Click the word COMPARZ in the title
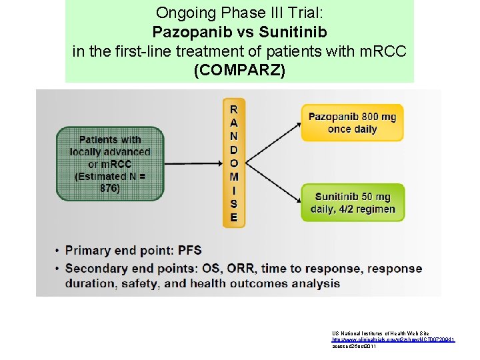(x=239, y=70)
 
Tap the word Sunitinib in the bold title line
(x=293, y=31)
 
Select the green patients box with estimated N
(x=110, y=164)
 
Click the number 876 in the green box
(x=110, y=188)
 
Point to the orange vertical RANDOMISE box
(x=233, y=163)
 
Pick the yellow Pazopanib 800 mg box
(x=352, y=123)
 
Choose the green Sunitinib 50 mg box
(x=352, y=203)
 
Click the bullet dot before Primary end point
(x=57, y=251)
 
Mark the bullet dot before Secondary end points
(x=57, y=269)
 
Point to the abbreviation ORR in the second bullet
(x=245, y=269)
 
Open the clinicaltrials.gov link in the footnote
(x=392, y=340)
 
